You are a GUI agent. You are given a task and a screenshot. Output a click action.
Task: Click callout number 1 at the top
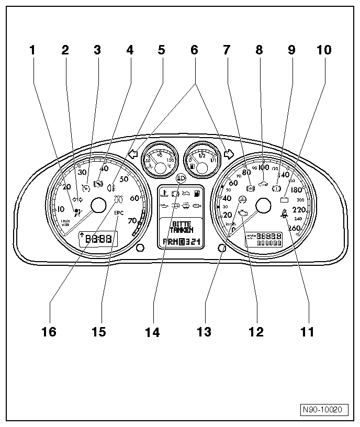(x=33, y=50)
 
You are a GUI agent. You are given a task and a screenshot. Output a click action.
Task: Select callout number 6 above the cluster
(x=194, y=50)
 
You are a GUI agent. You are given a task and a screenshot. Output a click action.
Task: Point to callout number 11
(x=307, y=332)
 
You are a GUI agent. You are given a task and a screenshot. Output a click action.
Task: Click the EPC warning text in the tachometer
(x=119, y=213)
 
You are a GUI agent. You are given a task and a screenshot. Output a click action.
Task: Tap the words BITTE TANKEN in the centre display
(x=182, y=226)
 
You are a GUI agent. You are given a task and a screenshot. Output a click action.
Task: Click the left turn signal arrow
(x=132, y=154)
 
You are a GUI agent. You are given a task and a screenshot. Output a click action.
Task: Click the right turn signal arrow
(x=228, y=154)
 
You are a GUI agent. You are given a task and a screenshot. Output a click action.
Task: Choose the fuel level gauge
(x=203, y=158)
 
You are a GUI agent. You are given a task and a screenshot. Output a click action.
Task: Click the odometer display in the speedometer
(x=264, y=240)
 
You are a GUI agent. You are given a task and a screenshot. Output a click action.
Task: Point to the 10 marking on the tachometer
(x=61, y=209)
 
